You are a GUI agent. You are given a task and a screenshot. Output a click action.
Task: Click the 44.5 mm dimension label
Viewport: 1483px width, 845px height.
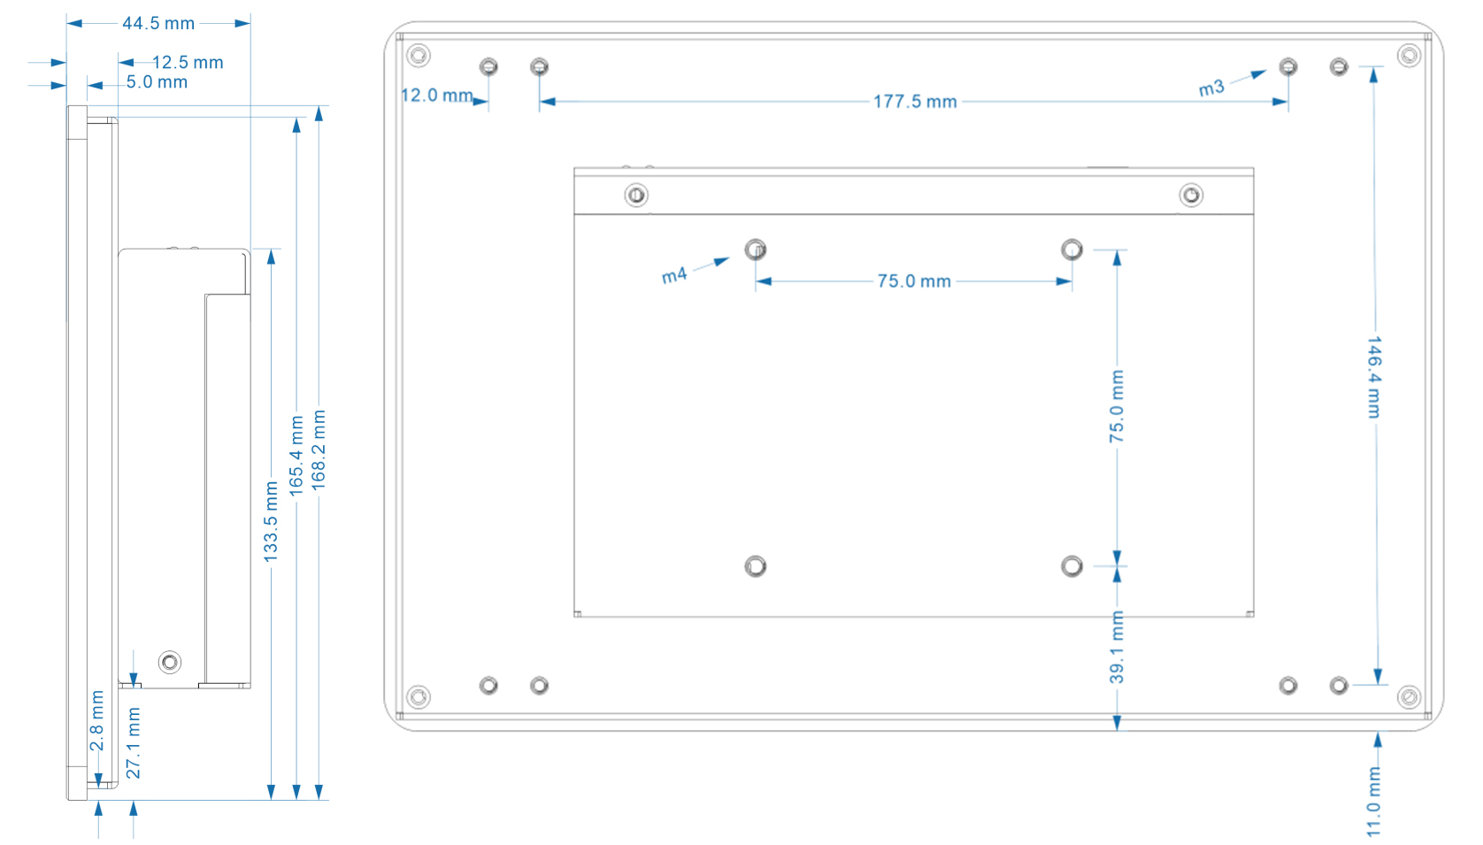(158, 23)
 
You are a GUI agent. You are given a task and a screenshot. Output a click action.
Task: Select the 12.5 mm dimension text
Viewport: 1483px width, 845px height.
(188, 62)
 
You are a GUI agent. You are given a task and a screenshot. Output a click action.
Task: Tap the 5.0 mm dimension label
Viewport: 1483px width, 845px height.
(157, 82)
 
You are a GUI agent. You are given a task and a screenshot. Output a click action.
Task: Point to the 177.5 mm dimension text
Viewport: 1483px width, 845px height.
(915, 102)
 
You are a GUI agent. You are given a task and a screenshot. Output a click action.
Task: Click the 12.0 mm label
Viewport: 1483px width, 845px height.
(437, 96)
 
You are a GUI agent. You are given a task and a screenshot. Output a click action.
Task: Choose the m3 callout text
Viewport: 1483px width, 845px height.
(1211, 88)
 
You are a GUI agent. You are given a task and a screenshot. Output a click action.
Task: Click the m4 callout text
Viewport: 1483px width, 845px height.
(674, 275)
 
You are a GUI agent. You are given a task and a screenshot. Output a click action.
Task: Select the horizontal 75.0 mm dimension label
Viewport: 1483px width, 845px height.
(914, 281)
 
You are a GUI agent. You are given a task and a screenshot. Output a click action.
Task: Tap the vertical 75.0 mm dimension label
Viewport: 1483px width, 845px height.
(1117, 406)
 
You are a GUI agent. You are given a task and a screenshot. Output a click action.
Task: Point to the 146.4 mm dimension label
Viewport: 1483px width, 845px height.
(1374, 377)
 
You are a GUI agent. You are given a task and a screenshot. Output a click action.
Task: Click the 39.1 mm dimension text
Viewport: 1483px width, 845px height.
(1117, 647)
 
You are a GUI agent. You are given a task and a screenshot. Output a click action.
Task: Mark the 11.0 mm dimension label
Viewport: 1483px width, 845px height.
(1374, 802)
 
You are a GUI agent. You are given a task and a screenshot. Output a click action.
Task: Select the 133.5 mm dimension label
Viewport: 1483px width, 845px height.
(271, 522)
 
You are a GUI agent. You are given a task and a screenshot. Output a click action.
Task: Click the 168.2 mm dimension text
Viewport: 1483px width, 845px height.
(319, 450)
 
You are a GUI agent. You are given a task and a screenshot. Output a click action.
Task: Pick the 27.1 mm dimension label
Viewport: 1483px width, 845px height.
(134, 742)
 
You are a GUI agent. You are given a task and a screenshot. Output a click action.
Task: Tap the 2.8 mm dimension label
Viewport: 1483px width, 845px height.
(97, 720)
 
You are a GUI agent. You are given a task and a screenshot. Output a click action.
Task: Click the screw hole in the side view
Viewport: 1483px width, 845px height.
(170, 662)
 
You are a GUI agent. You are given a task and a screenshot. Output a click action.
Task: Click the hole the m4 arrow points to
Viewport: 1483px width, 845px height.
(756, 250)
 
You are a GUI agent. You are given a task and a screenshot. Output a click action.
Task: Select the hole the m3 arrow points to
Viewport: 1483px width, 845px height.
(1287, 67)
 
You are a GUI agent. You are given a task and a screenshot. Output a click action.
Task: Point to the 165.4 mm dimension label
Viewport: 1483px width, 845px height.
(296, 456)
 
